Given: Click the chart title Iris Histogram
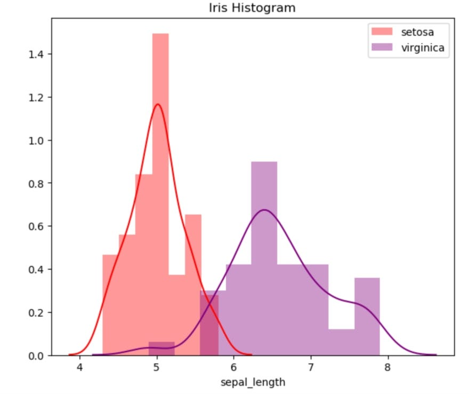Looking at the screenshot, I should coord(253,8).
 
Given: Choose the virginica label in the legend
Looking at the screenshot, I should coord(423,48).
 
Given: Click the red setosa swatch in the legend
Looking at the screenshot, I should coord(381,32).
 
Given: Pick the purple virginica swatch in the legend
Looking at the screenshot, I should coord(381,48).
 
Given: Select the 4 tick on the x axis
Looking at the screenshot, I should coord(80,367).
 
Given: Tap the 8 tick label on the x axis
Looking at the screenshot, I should coord(387,367).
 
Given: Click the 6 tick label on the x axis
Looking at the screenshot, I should coord(233,367).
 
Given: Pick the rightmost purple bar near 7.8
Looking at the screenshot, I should coord(367,315).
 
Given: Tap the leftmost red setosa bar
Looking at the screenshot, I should coord(110,304).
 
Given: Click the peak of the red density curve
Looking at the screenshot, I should coord(157,104).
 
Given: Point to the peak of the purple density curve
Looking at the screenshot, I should coord(264,210).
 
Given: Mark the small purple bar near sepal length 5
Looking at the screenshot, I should coord(161,349).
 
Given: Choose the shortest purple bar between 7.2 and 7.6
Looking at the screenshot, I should coord(342,342).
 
